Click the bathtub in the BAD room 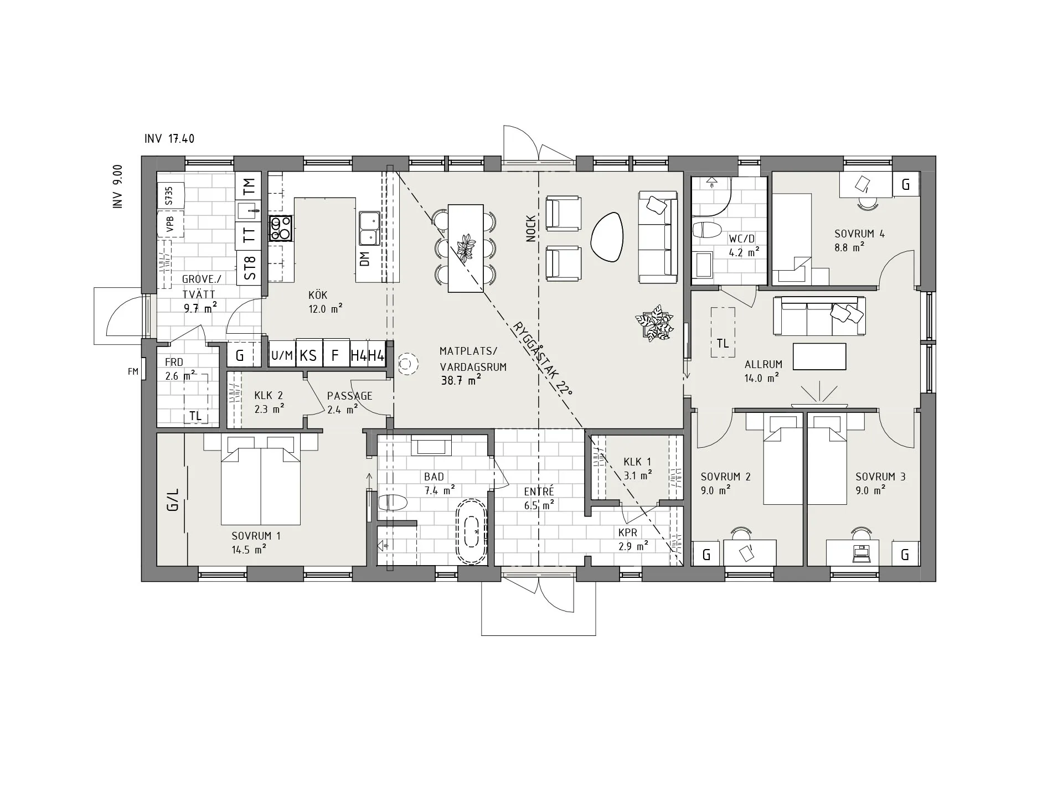[472, 532]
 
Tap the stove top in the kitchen [281, 228]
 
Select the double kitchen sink [369, 228]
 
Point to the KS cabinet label [308, 355]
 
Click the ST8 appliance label [250, 268]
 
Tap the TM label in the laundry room [250, 185]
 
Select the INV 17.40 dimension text [169, 138]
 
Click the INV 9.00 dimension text [117, 187]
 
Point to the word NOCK [531, 229]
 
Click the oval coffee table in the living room [607, 237]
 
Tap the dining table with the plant [465, 248]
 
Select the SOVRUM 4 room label [859, 234]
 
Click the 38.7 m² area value [461, 380]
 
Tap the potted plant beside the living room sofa [654, 322]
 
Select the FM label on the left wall [133, 371]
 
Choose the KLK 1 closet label [637, 462]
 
